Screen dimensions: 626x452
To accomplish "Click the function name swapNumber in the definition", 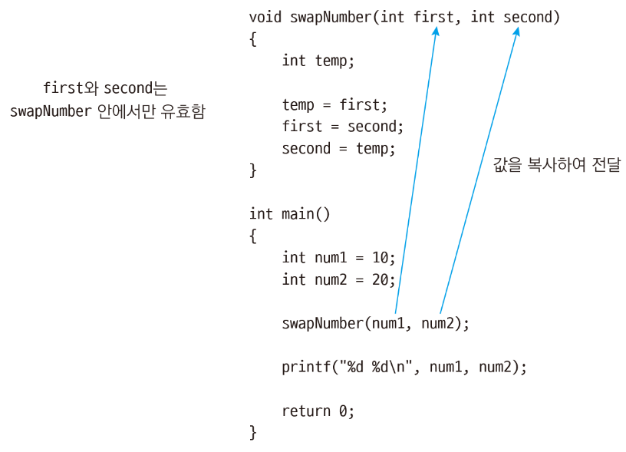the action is (x=331, y=17).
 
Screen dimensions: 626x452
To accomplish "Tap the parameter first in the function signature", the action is (x=433, y=17).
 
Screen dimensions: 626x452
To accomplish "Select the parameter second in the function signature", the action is (x=527, y=17).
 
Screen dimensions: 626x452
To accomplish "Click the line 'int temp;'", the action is (x=318, y=61).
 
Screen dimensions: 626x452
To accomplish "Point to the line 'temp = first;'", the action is (x=335, y=105).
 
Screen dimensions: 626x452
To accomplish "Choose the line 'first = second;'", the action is (x=343, y=127).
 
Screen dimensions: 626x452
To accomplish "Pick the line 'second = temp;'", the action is (x=339, y=148).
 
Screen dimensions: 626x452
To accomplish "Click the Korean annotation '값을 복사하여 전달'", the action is (x=556, y=164).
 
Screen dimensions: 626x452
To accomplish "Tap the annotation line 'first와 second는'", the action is (x=106, y=88).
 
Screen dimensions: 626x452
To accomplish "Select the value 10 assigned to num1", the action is (x=380, y=258).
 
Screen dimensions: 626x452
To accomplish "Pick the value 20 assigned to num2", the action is (x=380, y=279).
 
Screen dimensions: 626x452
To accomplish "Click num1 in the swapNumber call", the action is (x=388, y=323).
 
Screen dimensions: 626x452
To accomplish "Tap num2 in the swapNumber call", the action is (x=438, y=323).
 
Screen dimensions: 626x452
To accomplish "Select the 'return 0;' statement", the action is (x=318, y=411).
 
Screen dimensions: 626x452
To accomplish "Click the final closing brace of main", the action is (x=253, y=433).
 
